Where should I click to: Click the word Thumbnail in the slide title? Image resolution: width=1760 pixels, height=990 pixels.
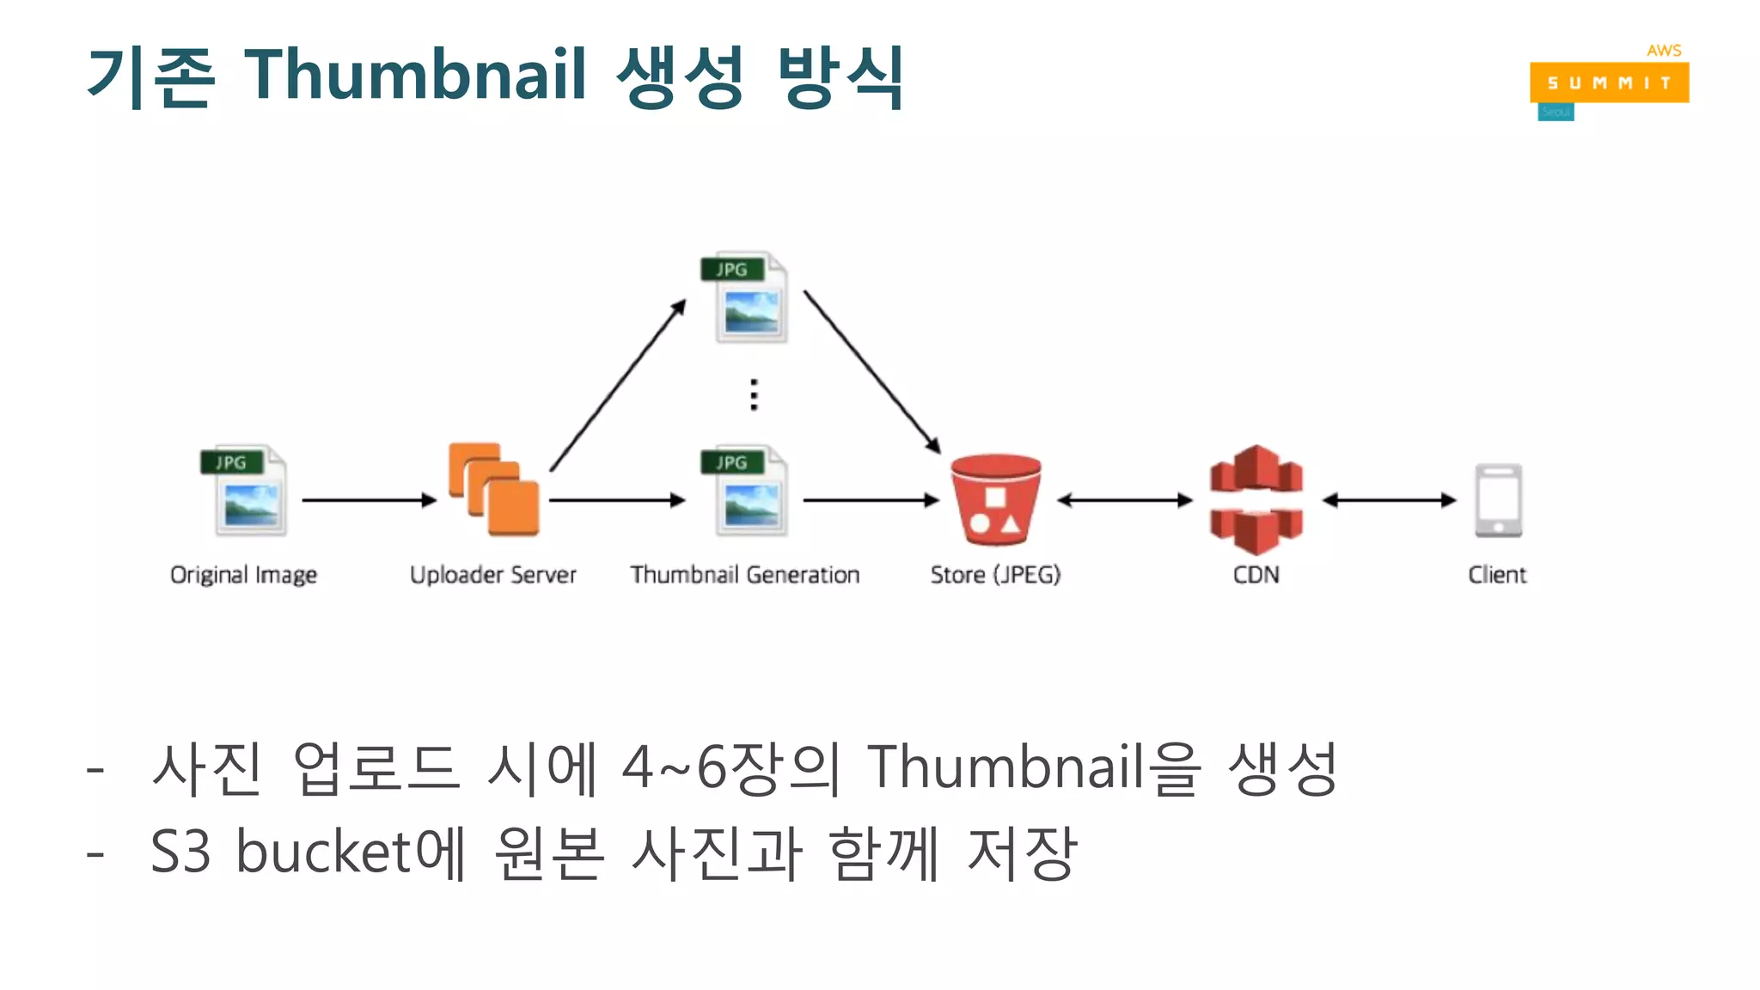(x=415, y=75)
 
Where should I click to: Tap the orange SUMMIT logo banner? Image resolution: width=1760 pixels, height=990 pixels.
(x=1609, y=82)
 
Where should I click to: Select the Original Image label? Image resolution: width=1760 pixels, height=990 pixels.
(x=243, y=574)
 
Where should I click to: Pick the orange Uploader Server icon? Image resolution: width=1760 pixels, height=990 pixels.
(x=493, y=489)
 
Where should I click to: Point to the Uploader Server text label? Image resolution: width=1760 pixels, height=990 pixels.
(x=492, y=574)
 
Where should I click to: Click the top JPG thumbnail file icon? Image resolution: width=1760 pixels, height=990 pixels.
(x=745, y=297)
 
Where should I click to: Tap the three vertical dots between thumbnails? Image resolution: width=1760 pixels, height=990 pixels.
(x=754, y=394)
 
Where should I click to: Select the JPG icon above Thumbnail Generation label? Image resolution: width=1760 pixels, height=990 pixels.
(x=745, y=490)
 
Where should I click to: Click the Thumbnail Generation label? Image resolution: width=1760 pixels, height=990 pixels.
(x=744, y=574)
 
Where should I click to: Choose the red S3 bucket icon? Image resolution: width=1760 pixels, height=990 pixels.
(x=995, y=499)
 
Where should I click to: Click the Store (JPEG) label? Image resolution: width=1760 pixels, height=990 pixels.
(x=995, y=574)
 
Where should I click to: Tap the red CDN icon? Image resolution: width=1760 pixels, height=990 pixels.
(x=1256, y=499)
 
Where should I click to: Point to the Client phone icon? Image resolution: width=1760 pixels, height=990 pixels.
(x=1498, y=500)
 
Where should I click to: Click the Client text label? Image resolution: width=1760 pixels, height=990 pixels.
(x=1496, y=574)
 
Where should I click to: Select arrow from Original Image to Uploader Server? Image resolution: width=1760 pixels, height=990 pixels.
(x=370, y=499)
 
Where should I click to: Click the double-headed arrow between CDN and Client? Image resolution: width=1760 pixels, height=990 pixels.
(x=1389, y=499)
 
